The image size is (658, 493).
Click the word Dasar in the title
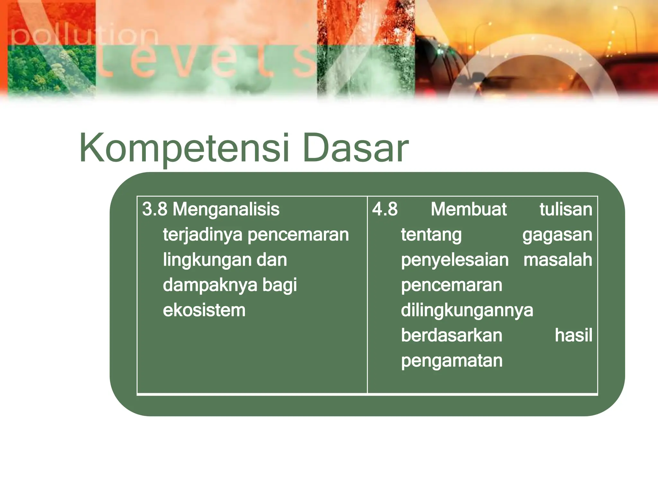pyautogui.click(x=355, y=148)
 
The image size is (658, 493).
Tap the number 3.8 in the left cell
pyautogui.click(x=155, y=209)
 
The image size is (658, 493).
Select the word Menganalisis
pyautogui.click(x=226, y=210)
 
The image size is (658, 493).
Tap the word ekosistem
pyautogui.click(x=204, y=310)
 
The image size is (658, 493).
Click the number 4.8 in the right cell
pyautogui.click(x=385, y=209)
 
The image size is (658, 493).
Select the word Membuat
pyautogui.click(x=468, y=209)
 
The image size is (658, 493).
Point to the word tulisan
pyautogui.click(x=565, y=209)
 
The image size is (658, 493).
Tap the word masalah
pyautogui.click(x=557, y=260)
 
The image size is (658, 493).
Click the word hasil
pyautogui.click(x=573, y=335)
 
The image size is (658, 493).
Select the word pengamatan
pyautogui.click(x=451, y=361)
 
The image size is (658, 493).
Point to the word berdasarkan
pyautogui.click(x=451, y=335)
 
